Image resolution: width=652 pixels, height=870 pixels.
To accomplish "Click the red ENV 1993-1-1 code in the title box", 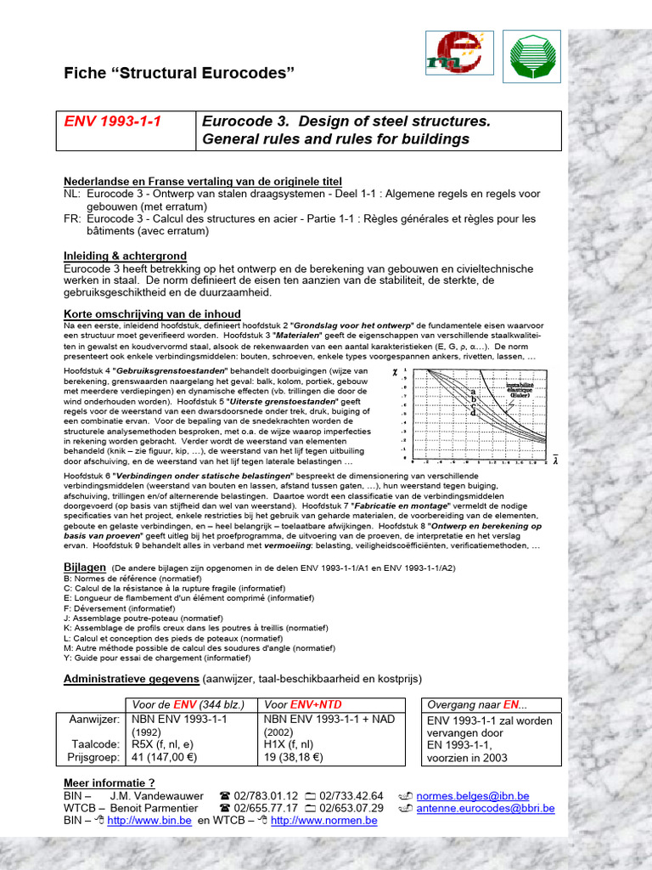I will point(113,121).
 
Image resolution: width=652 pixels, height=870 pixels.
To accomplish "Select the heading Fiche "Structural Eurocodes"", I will point(179,74).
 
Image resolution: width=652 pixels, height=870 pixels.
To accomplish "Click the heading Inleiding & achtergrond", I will point(125,256).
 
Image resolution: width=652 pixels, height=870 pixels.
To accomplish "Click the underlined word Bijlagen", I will point(85,567).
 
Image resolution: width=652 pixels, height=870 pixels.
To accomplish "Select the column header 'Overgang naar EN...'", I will point(476,704).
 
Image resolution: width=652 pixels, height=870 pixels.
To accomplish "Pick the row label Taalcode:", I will point(95,743).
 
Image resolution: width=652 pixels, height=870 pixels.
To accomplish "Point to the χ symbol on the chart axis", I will point(394,372).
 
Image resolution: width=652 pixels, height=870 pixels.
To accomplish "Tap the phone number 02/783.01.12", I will point(265,795).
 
